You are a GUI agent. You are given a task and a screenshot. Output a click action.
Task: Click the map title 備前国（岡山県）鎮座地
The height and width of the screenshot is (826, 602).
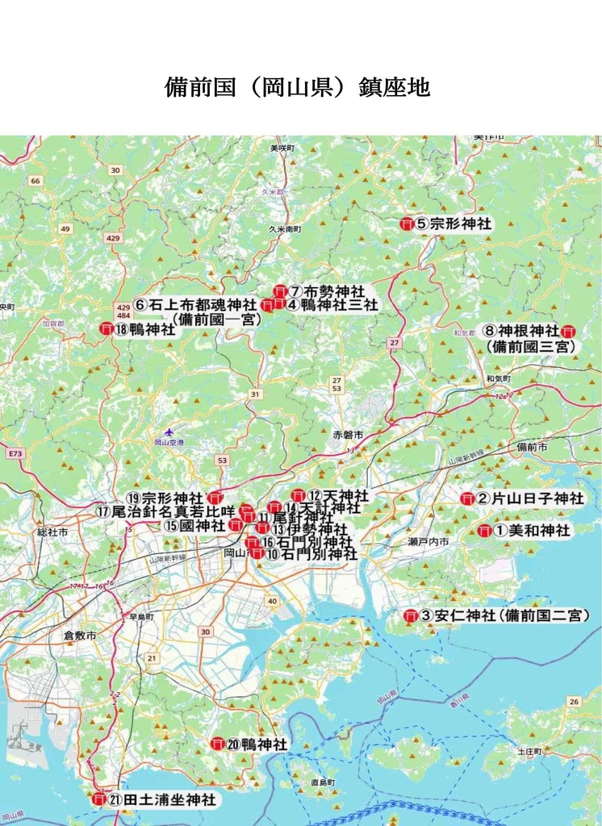click(297, 87)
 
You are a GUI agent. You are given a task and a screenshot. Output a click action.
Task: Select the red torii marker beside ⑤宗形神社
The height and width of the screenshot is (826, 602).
click(407, 224)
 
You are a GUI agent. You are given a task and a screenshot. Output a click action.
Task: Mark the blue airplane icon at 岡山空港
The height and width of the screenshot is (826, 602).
click(169, 432)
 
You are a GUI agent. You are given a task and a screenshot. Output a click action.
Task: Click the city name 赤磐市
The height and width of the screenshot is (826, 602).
click(349, 435)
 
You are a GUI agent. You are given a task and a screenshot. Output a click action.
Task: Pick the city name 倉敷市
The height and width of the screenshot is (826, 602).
click(80, 636)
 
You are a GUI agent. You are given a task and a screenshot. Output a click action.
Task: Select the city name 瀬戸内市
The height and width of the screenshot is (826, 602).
click(429, 542)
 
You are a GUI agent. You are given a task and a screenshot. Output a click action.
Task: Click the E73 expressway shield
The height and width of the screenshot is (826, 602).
click(15, 454)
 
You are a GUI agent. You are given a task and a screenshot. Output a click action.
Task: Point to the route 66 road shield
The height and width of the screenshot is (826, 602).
click(35, 181)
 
